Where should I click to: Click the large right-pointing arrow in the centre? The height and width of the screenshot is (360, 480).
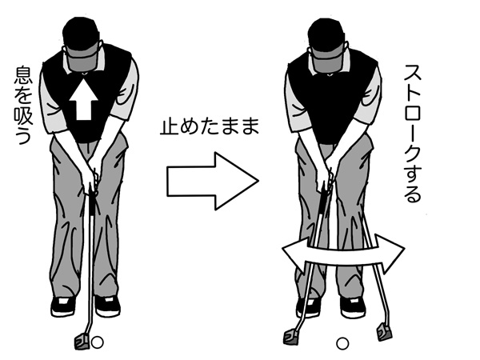(213, 181)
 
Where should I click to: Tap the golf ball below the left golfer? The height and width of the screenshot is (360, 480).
(98, 342)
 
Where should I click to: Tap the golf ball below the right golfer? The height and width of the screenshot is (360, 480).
(342, 343)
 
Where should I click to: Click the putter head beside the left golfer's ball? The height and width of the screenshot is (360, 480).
(82, 342)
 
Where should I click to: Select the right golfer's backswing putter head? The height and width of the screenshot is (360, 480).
(292, 336)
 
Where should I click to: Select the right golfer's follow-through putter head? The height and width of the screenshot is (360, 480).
(384, 332)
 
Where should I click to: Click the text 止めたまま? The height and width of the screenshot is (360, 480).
(210, 126)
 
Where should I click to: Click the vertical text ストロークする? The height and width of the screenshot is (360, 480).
(412, 134)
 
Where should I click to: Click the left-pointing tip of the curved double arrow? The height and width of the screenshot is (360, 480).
(282, 250)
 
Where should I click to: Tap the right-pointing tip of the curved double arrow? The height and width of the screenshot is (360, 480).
(405, 247)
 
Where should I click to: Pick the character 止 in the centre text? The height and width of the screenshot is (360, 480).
(169, 126)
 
